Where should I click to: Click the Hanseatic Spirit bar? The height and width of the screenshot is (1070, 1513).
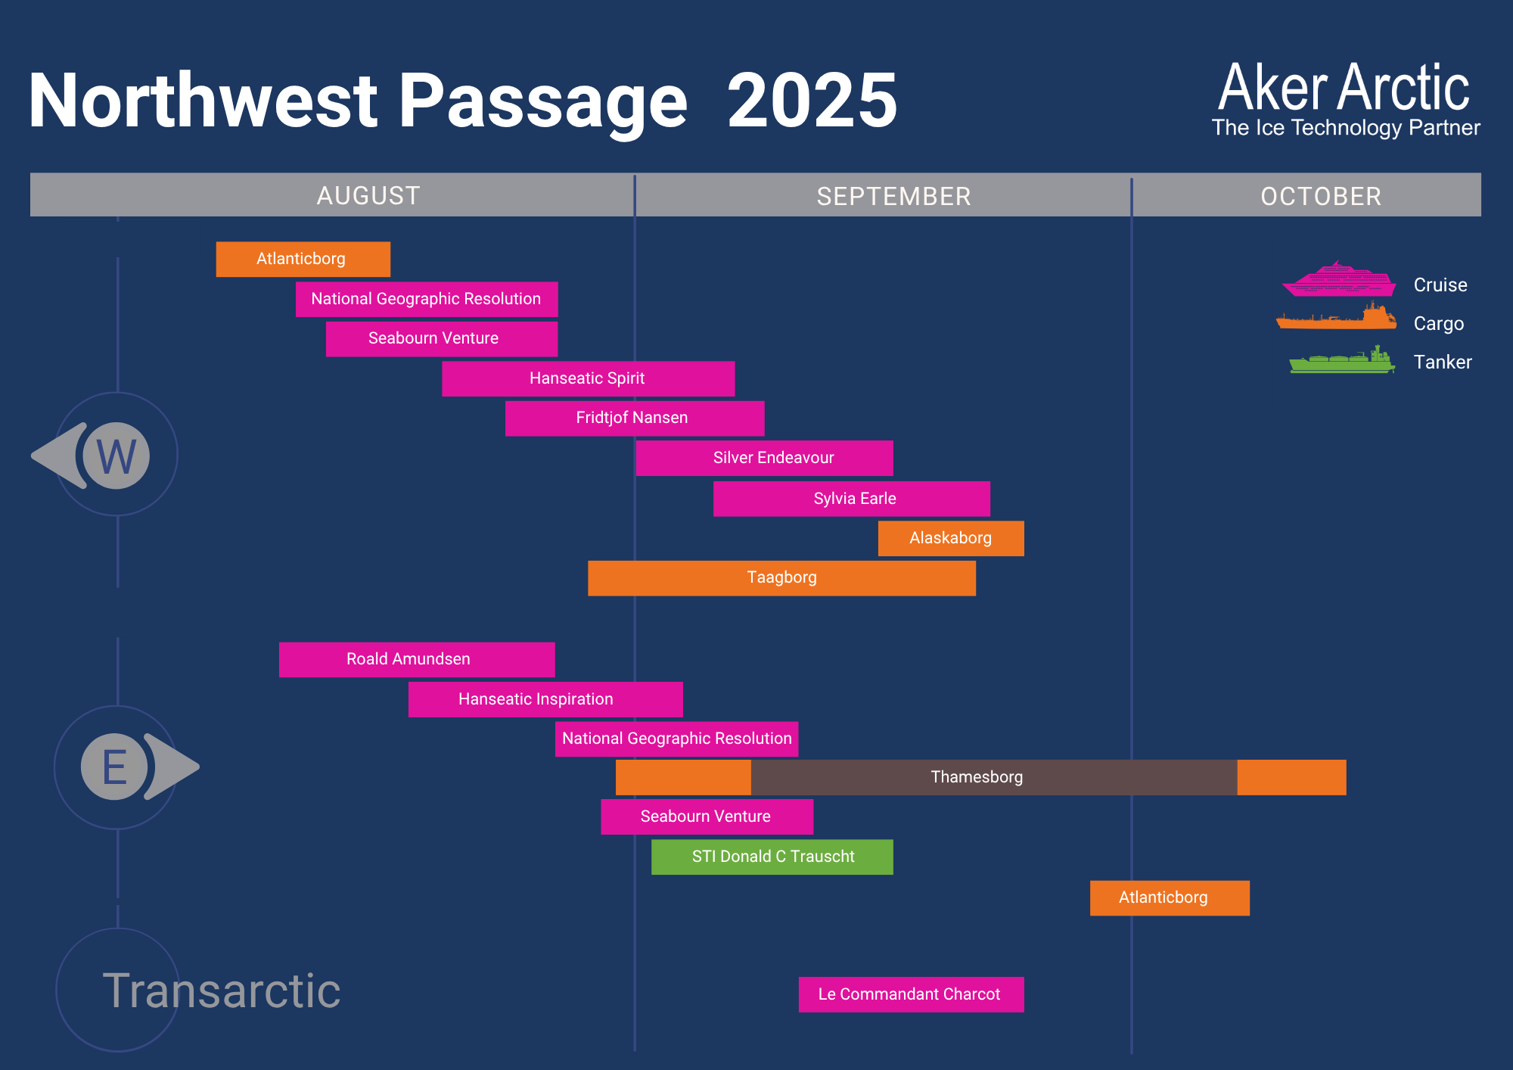pyautogui.click(x=588, y=378)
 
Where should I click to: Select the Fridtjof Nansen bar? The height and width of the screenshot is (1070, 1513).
pyautogui.click(x=635, y=418)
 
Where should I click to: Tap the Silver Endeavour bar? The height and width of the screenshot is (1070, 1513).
pyautogui.click(x=764, y=458)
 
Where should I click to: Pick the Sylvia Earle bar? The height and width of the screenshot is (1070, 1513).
pyautogui.click(x=851, y=499)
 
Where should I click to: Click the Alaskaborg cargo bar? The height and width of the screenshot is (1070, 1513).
pyautogui.click(x=951, y=538)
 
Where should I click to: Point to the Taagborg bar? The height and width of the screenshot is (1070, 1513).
pyautogui.click(x=781, y=578)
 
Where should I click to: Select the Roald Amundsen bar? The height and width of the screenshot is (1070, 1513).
pyautogui.click(x=417, y=660)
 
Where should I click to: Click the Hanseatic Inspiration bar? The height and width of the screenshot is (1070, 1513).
pyautogui.click(x=545, y=699)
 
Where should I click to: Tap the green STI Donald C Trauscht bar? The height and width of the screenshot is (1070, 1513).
pyautogui.click(x=772, y=857)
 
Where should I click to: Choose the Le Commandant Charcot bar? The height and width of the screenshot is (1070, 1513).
pyautogui.click(x=911, y=994)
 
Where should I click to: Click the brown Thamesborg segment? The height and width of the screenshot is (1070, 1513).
pyautogui.click(x=994, y=777)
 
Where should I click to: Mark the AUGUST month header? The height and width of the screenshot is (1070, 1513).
pyautogui.click(x=368, y=196)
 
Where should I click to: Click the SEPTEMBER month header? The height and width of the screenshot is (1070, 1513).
pyautogui.click(x=893, y=197)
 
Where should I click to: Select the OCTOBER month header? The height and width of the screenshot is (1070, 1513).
pyautogui.click(x=1321, y=197)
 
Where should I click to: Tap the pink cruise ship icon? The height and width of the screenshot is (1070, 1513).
pyautogui.click(x=1339, y=280)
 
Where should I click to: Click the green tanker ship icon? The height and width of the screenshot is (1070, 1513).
pyautogui.click(x=1342, y=360)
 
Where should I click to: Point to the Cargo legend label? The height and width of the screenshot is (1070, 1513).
pyautogui.click(x=1439, y=324)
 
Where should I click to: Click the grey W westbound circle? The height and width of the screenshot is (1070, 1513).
pyautogui.click(x=117, y=456)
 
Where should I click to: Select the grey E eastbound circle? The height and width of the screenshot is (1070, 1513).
pyautogui.click(x=114, y=767)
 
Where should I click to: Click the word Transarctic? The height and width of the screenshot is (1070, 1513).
pyautogui.click(x=222, y=991)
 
